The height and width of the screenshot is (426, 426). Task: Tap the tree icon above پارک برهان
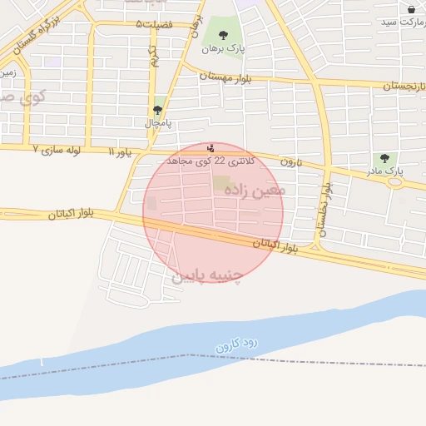[223, 35]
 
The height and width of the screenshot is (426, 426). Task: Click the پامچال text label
[157, 123]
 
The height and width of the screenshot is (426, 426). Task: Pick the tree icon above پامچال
[157, 110]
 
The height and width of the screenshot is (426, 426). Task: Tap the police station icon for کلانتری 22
[210, 148]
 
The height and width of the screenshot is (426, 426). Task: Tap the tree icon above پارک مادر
[384, 158]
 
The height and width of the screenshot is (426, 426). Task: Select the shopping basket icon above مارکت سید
[411, 9]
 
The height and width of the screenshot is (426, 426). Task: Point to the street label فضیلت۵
[166, 25]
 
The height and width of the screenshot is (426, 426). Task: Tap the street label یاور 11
[120, 152]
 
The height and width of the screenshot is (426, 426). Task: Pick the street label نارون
[289, 161]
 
